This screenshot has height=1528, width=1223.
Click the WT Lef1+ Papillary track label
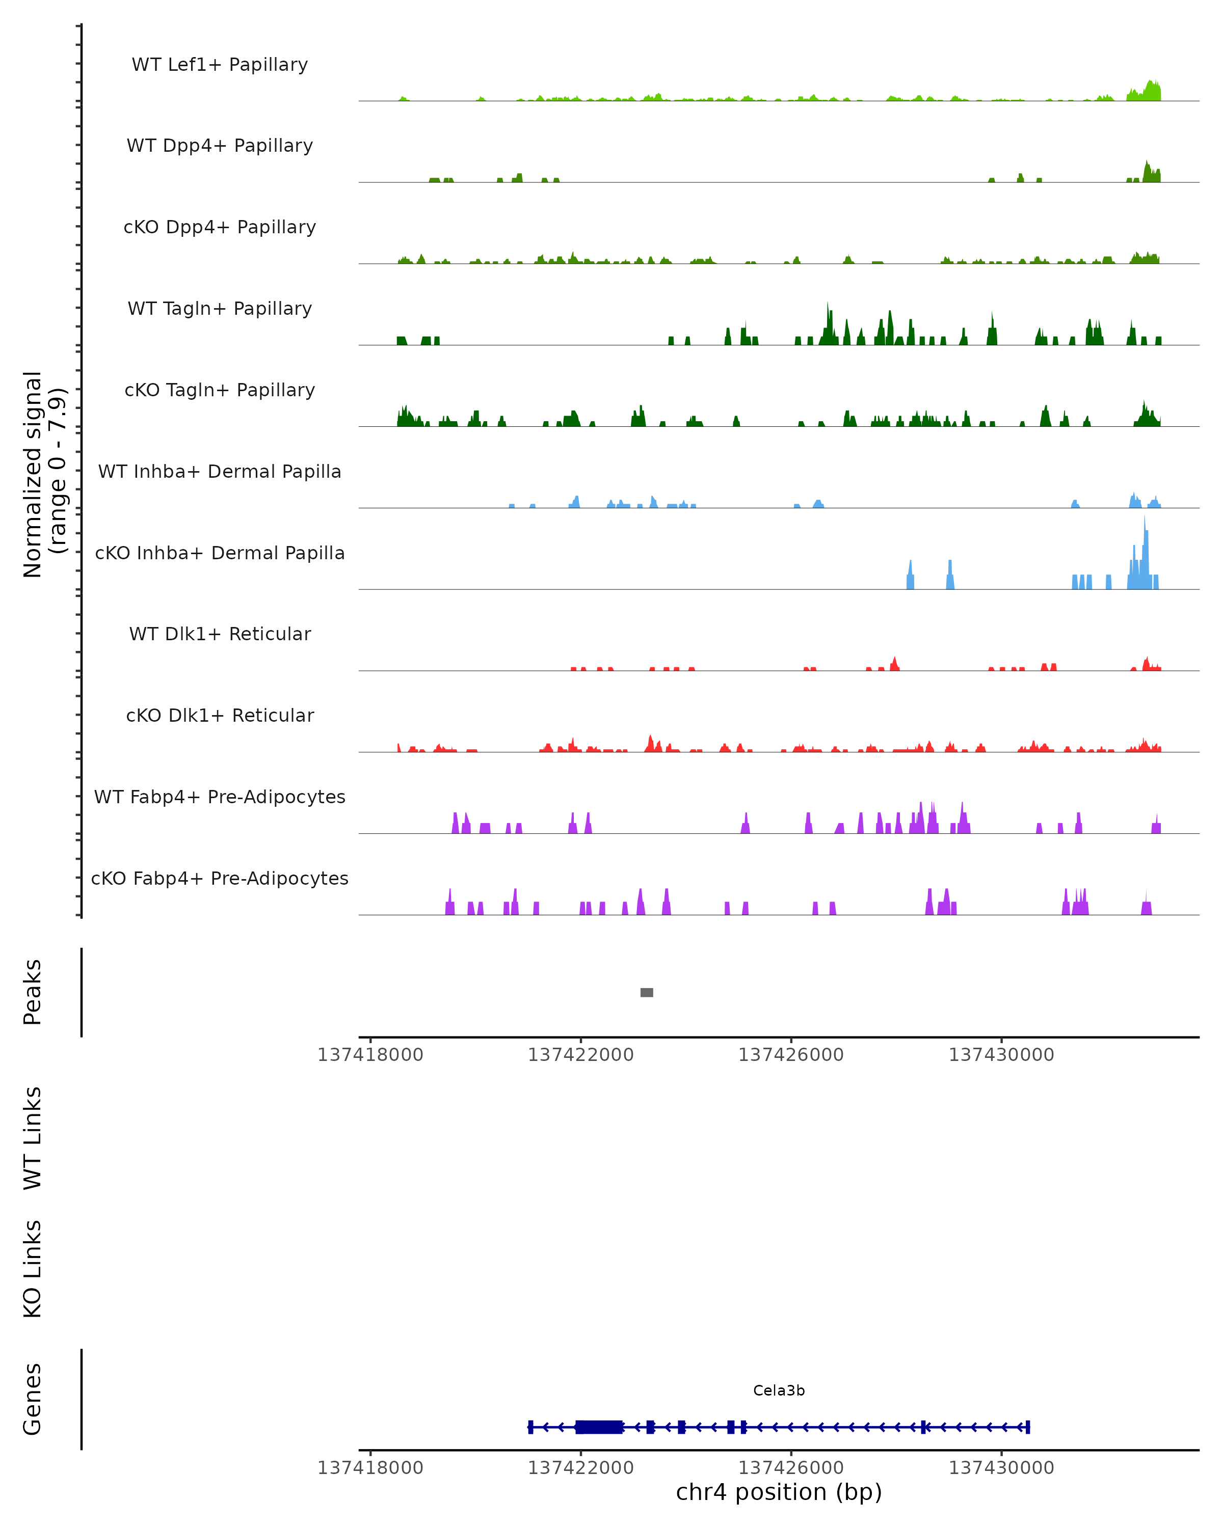pos(220,65)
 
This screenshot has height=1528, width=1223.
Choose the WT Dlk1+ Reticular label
pos(220,634)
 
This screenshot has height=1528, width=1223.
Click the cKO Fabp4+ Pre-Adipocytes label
pos(220,878)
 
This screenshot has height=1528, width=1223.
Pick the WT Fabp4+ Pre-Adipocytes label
pos(220,797)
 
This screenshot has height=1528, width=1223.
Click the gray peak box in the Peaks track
pos(647,992)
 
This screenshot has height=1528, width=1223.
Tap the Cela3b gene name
pos(779,1390)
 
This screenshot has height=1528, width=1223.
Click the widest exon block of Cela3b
pos(599,1427)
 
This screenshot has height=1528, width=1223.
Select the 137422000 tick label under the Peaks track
pos(580,1055)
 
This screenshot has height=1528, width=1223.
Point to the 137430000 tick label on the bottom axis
pos(1001,1468)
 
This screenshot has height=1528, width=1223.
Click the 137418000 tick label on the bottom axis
pos(370,1468)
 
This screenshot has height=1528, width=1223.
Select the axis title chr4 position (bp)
pos(779,1492)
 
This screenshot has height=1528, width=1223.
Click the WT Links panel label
pos(33,1139)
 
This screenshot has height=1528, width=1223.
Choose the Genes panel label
pos(33,1399)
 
